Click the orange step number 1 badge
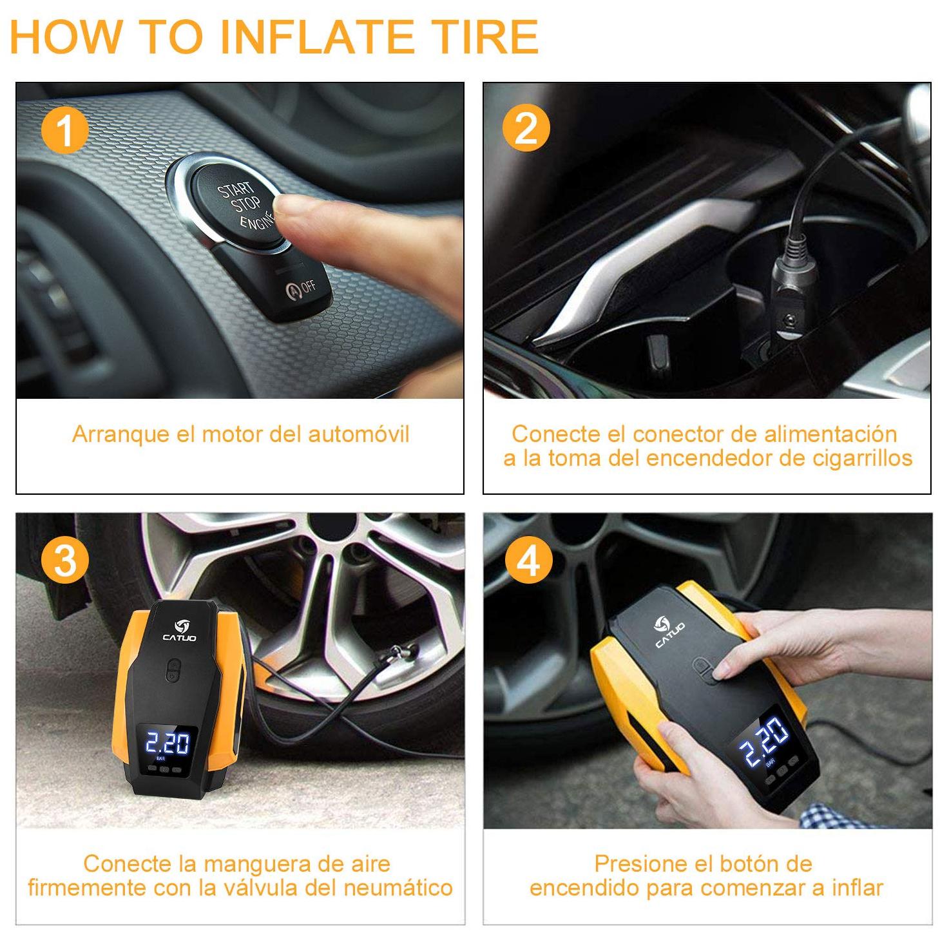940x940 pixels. click(65, 129)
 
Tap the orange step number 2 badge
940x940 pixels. click(525, 128)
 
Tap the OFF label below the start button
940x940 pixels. click(307, 287)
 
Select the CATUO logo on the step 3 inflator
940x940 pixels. click(180, 630)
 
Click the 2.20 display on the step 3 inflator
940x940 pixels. click(168, 743)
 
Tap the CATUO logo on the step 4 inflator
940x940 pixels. click(668, 631)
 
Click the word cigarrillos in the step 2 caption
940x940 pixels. click(862, 458)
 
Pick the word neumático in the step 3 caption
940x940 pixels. click(398, 887)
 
